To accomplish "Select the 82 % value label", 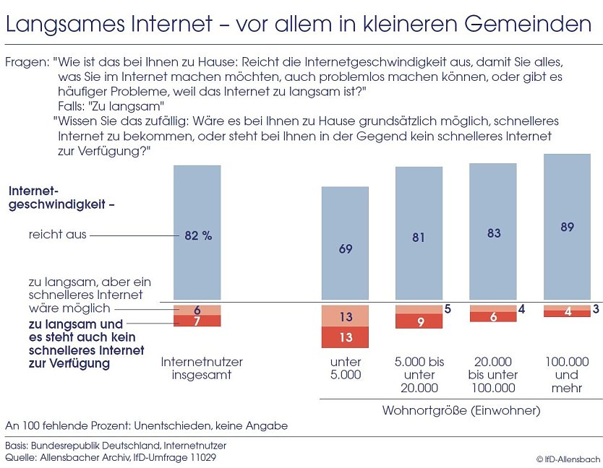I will click(x=198, y=235).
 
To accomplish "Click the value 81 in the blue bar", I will click(x=419, y=237).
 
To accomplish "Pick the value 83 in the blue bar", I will click(x=492, y=233).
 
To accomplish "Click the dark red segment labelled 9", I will click(x=419, y=321).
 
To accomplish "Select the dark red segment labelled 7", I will click(x=197, y=321).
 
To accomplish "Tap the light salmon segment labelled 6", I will click(x=197, y=309).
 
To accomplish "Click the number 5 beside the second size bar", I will click(x=448, y=309).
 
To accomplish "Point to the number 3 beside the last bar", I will click(x=596, y=309).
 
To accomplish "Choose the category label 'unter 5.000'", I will click(x=345, y=368).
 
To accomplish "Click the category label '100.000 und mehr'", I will click(x=567, y=375).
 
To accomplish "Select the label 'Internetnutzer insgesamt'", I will click(x=202, y=368).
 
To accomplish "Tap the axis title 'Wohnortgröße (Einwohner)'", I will click(x=461, y=410).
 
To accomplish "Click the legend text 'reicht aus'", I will click(x=57, y=235).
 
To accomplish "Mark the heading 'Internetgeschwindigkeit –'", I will click(x=61, y=197).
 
